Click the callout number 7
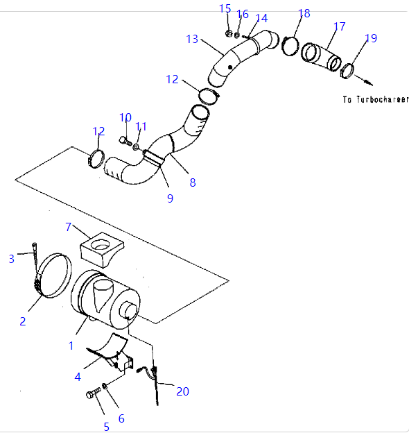[x=69, y=227]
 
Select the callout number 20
[x=182, y=391]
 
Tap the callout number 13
[x=192, y=40]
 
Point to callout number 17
[x=339, y=26]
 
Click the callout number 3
[x=11, y=259]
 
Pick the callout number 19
[x=371, y=38]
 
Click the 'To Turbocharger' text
[x=376, y=99]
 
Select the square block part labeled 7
[x=102, y=250]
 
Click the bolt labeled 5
[x=93, y=393]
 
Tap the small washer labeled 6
[x=105, y=386]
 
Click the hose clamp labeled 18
[x=290, y=46]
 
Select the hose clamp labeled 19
[x=347, y=71]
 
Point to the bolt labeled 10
[x=125, y=141]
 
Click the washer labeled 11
[x=136, y=147]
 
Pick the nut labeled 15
[x=228, y=34]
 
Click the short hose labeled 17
[x=321, y=57]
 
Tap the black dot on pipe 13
[x=230, y=67]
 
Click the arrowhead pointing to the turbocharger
[x=369, y=83]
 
